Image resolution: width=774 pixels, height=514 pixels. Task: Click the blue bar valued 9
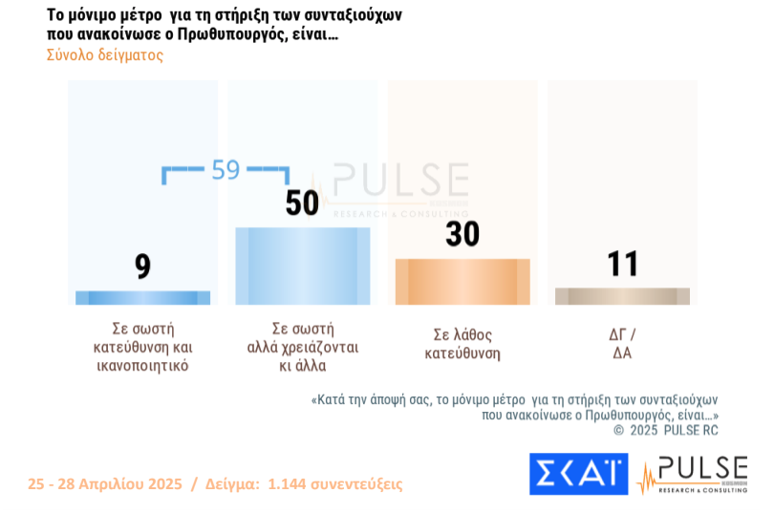click(x=143, y=297)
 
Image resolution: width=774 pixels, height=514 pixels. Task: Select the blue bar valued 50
click(x=302, y=266)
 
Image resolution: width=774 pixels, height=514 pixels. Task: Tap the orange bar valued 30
click(x=462, y=282)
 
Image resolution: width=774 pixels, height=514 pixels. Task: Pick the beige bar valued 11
click(x=622, y=296)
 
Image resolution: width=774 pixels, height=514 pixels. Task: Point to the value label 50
click(x=302, y=203)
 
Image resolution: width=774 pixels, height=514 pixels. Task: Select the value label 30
click(x=462, y=234)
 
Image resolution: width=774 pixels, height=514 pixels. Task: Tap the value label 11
click(x=622, y=264)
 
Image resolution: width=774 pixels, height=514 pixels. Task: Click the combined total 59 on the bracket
click(x=226, y=170)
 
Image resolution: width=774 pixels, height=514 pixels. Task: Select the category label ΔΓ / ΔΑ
click(x=622, y=344)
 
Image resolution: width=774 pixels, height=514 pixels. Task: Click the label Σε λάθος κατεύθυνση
click(x=462, y=344)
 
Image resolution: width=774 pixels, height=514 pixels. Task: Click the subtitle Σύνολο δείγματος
click(x=105, y=55)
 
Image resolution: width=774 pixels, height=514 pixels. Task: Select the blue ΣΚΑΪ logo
click(x=578, y=474)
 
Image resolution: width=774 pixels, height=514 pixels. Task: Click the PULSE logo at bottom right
click(x=692, y=475)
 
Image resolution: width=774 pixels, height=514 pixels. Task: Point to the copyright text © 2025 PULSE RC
click(x=665, y=431)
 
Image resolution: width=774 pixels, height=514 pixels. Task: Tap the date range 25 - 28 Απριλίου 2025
click(x=105, y=484)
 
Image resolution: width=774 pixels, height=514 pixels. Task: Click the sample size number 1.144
click(x=292, y=484)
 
